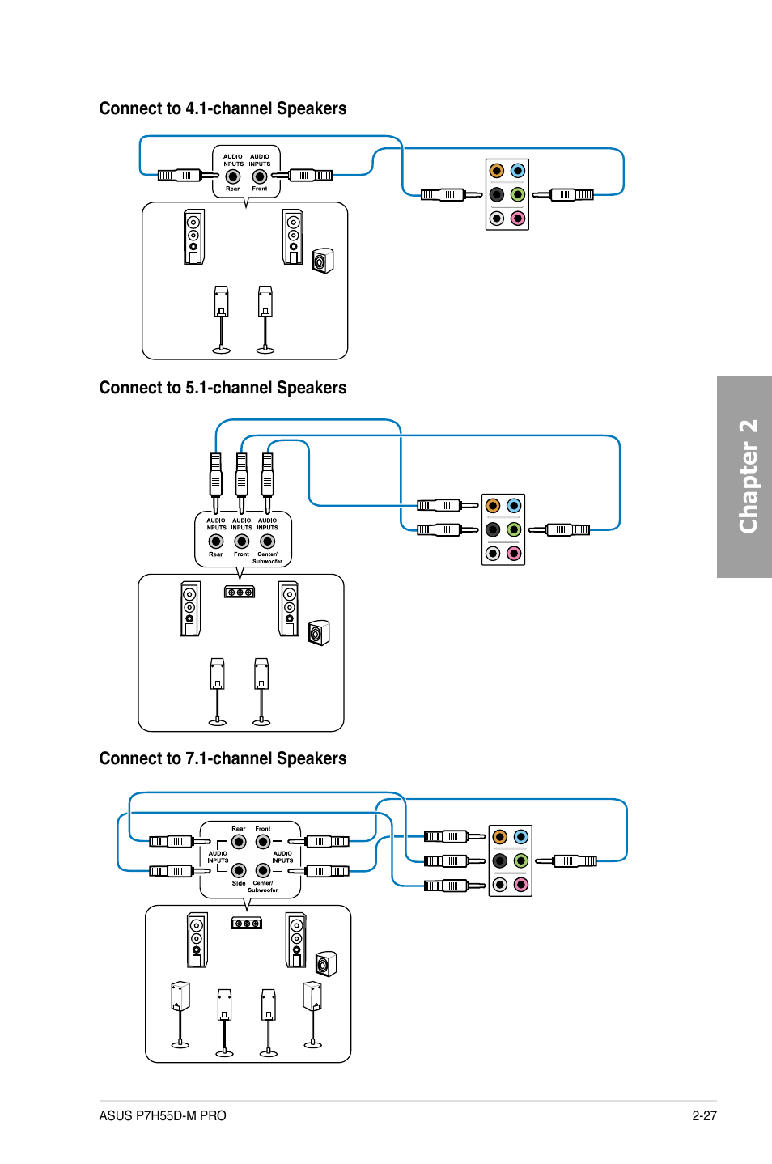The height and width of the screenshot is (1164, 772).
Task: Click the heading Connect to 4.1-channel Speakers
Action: point(223,108)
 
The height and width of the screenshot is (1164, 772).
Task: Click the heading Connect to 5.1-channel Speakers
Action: point(223,388)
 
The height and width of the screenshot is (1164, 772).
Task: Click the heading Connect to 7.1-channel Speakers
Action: point(223,758)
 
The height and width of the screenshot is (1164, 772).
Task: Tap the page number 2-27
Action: point(705,1115)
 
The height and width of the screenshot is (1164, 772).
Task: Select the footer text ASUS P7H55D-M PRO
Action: point(163,1115)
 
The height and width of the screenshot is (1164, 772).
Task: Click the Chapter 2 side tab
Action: point(744,477)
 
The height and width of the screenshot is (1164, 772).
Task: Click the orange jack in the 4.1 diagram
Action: point(497,171)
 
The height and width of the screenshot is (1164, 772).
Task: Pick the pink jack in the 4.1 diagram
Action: point(518,219)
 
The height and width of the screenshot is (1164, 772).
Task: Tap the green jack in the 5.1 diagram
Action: point(514,529)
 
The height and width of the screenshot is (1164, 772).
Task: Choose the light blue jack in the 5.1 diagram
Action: point(514,506)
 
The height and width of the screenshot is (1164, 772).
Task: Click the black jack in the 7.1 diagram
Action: point(500,860)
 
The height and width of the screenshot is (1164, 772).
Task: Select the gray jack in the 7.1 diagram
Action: point(500,885)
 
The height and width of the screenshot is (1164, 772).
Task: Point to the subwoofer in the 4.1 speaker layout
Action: point(323,261)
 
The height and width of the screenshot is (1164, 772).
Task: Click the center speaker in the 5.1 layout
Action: point(240,592)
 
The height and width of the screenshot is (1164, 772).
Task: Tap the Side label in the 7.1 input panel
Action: point(239,883)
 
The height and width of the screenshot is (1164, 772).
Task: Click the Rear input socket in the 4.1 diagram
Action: point(233,176)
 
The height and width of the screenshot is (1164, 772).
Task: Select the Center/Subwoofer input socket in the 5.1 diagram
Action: point(268,542)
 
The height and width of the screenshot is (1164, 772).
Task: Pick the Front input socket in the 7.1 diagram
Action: point(263,842)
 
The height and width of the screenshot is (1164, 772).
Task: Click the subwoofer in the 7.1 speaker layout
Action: point(326,964)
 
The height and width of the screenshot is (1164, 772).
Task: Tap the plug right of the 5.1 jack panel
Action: point(559,530)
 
